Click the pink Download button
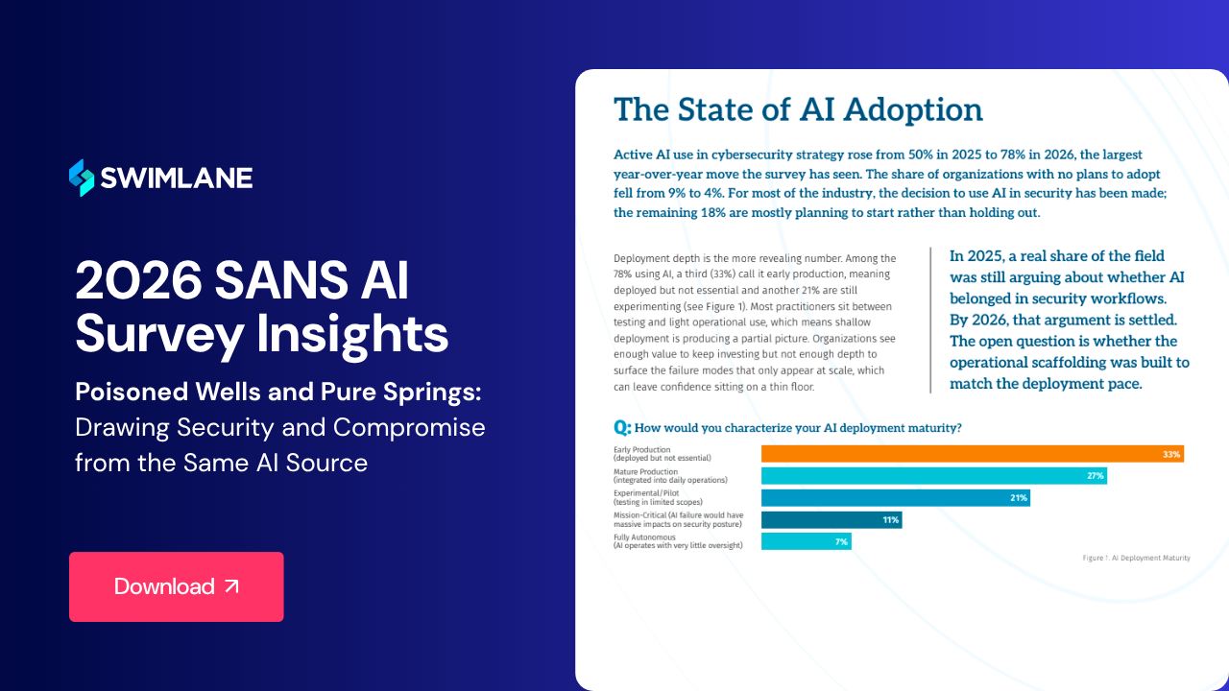176,586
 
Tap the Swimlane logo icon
82,178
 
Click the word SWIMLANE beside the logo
177,178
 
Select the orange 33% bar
973,454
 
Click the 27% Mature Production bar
934,475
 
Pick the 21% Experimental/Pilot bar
896,497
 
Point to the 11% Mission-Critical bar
831,519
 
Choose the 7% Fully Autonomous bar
806,541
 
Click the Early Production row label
663,454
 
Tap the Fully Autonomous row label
678,541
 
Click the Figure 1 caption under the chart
1136,558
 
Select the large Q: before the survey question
622,427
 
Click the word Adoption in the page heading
913,110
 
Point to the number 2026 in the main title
139,280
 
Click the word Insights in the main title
352,333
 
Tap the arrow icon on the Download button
232,586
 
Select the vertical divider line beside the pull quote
930,321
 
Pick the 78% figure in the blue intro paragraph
1013,155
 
